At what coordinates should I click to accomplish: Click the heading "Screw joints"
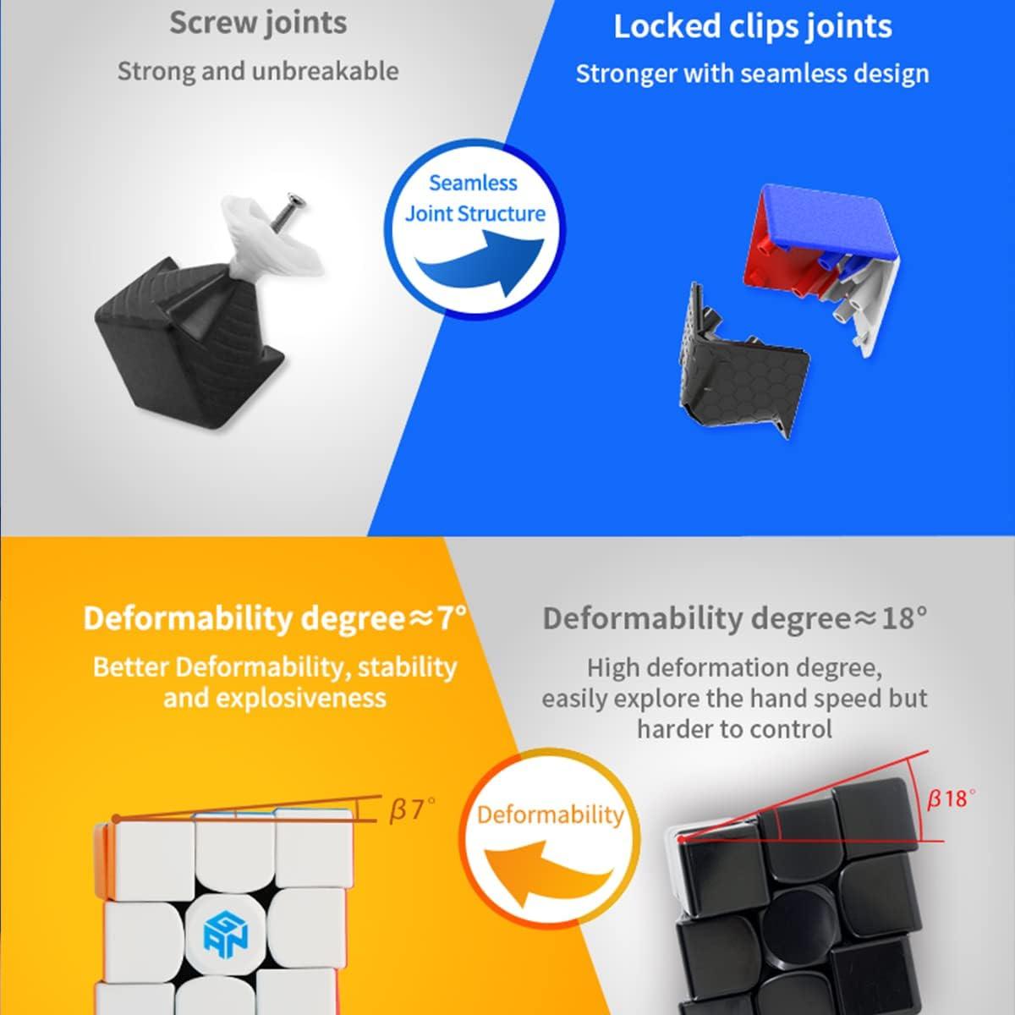click(258, 23)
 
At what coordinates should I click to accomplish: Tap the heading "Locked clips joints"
click(752, 26)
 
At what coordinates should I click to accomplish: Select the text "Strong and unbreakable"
click(258, 71)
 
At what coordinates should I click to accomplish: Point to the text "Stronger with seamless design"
click(752, 74)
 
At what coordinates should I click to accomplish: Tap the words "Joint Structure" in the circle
click(475, 214)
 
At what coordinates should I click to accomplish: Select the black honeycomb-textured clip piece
click(736, 355)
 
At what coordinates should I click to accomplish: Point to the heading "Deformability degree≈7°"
click(274, 619)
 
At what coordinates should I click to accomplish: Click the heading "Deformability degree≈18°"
click(734, 619)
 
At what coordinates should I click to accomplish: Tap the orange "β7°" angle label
click(412, 810)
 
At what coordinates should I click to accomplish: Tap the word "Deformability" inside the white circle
click(550, 815)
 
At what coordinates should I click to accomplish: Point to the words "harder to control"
click(734, 728)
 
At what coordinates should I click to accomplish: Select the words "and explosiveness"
click(274, 699)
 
